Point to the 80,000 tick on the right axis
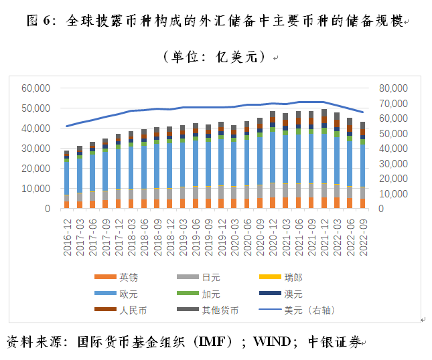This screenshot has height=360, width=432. click(392, 88)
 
